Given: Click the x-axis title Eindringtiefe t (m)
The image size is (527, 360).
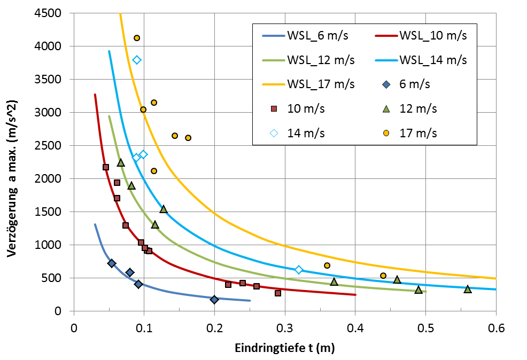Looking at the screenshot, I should tap(284, 348).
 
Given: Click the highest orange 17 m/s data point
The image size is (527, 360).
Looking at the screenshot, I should tap(137, 38).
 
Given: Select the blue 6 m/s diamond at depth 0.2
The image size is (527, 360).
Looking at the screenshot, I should tap(214, 300).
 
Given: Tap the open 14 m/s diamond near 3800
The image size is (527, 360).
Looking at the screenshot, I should tap(137, 60).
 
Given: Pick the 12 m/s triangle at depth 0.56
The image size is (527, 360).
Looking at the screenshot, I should tap(468, 289).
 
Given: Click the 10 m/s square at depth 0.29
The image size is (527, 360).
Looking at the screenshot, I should tap(278, 293).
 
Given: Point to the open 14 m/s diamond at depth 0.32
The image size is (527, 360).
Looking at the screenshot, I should tap(299, 270).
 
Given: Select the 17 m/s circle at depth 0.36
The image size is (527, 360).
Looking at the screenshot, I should tap(327, 265).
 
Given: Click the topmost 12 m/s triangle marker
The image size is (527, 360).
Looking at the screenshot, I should tap(121, 162).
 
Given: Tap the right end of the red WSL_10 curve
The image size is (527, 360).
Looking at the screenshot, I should tap(355, 294).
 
